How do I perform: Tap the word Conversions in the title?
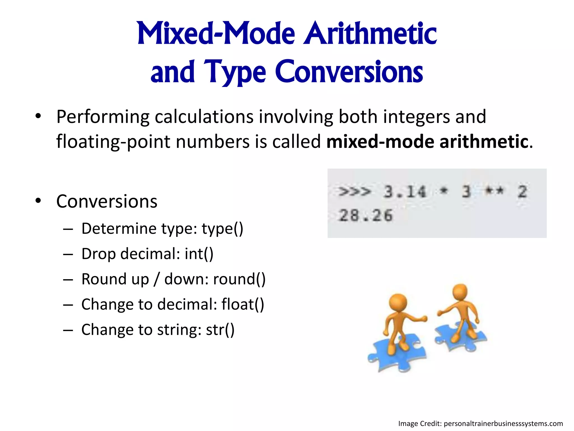[x=349, y=72]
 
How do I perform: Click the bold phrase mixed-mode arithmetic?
[x=427, y=141]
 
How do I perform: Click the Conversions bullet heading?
[x=107, y=201]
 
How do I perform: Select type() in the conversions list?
[x=223, y=229]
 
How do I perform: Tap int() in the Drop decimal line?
[x=199, y=254]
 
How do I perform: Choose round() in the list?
[x=239, y=279]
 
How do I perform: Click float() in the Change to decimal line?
[x=243, y=304]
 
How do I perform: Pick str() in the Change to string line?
[x=220, y=330]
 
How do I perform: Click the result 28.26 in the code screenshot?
[x=366, y=215]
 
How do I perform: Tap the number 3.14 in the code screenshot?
[x=405, y=192]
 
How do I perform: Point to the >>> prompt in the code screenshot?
[x=355, y=192]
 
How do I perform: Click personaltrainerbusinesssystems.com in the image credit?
[x=503, y=423]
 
